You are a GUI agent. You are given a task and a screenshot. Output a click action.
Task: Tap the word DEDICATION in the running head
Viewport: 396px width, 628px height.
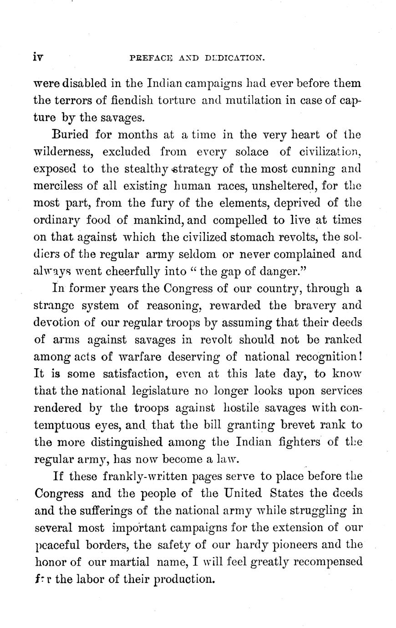[235, 58]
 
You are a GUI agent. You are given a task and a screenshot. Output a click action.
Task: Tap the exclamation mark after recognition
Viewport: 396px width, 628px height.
[360, 356]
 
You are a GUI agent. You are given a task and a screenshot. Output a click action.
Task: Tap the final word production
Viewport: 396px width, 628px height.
[184, 579]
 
